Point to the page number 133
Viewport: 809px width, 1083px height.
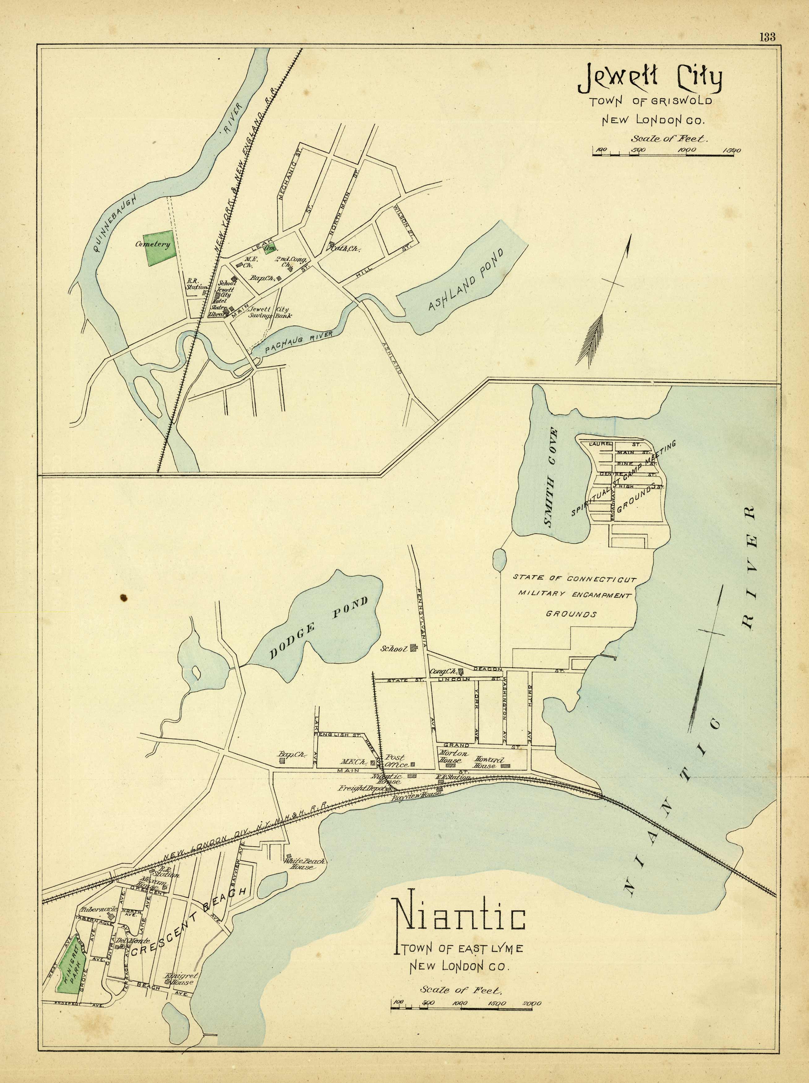767,37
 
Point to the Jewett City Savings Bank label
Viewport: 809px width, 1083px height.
271,312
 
